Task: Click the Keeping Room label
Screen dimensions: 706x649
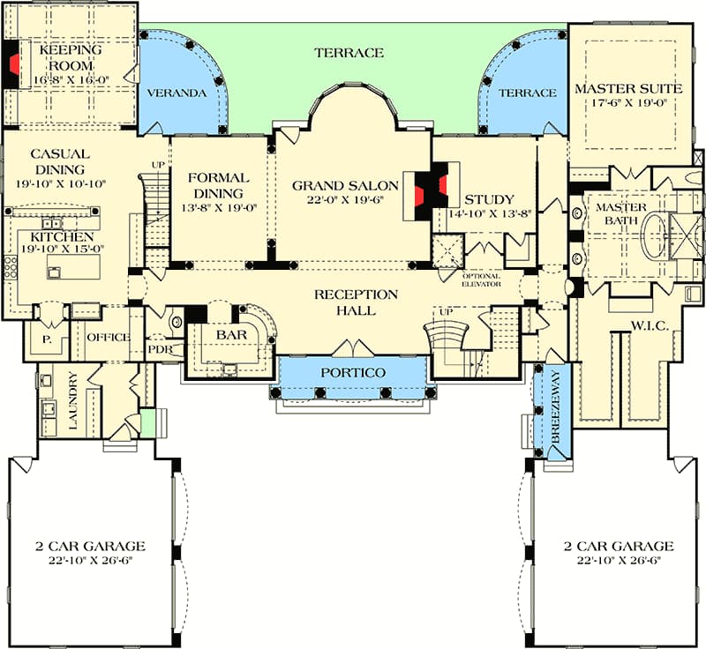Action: [x=71, y=57]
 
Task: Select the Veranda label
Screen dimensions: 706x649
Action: [x=177, y=93]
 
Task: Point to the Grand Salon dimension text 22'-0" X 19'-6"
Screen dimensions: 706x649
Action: [x=345, y=199]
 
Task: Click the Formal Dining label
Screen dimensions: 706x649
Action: [x=218, y=185]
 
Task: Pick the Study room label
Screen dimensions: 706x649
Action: [x=489, y=199]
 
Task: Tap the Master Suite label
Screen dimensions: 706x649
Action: [x=628, y=88]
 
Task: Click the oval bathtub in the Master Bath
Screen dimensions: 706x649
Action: [x=654, y=235]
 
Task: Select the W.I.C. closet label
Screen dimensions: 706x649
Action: [x=650, y=325]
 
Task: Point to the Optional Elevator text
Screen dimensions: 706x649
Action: [x=481, y=280]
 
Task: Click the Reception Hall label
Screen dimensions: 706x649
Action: [x=356, y=302]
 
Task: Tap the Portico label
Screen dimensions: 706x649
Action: [x=353, y=372]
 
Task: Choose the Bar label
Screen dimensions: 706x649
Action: [x=231, y=334]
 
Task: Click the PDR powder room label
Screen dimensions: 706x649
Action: [x=161, y=349]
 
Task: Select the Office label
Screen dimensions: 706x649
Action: [x=109, y=338]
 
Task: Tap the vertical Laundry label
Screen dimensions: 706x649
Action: [x=73, y=400]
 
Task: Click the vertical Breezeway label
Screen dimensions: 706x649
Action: [x=555, y=407]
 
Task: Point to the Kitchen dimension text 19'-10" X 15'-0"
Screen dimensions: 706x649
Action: [x=63, y=249]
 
